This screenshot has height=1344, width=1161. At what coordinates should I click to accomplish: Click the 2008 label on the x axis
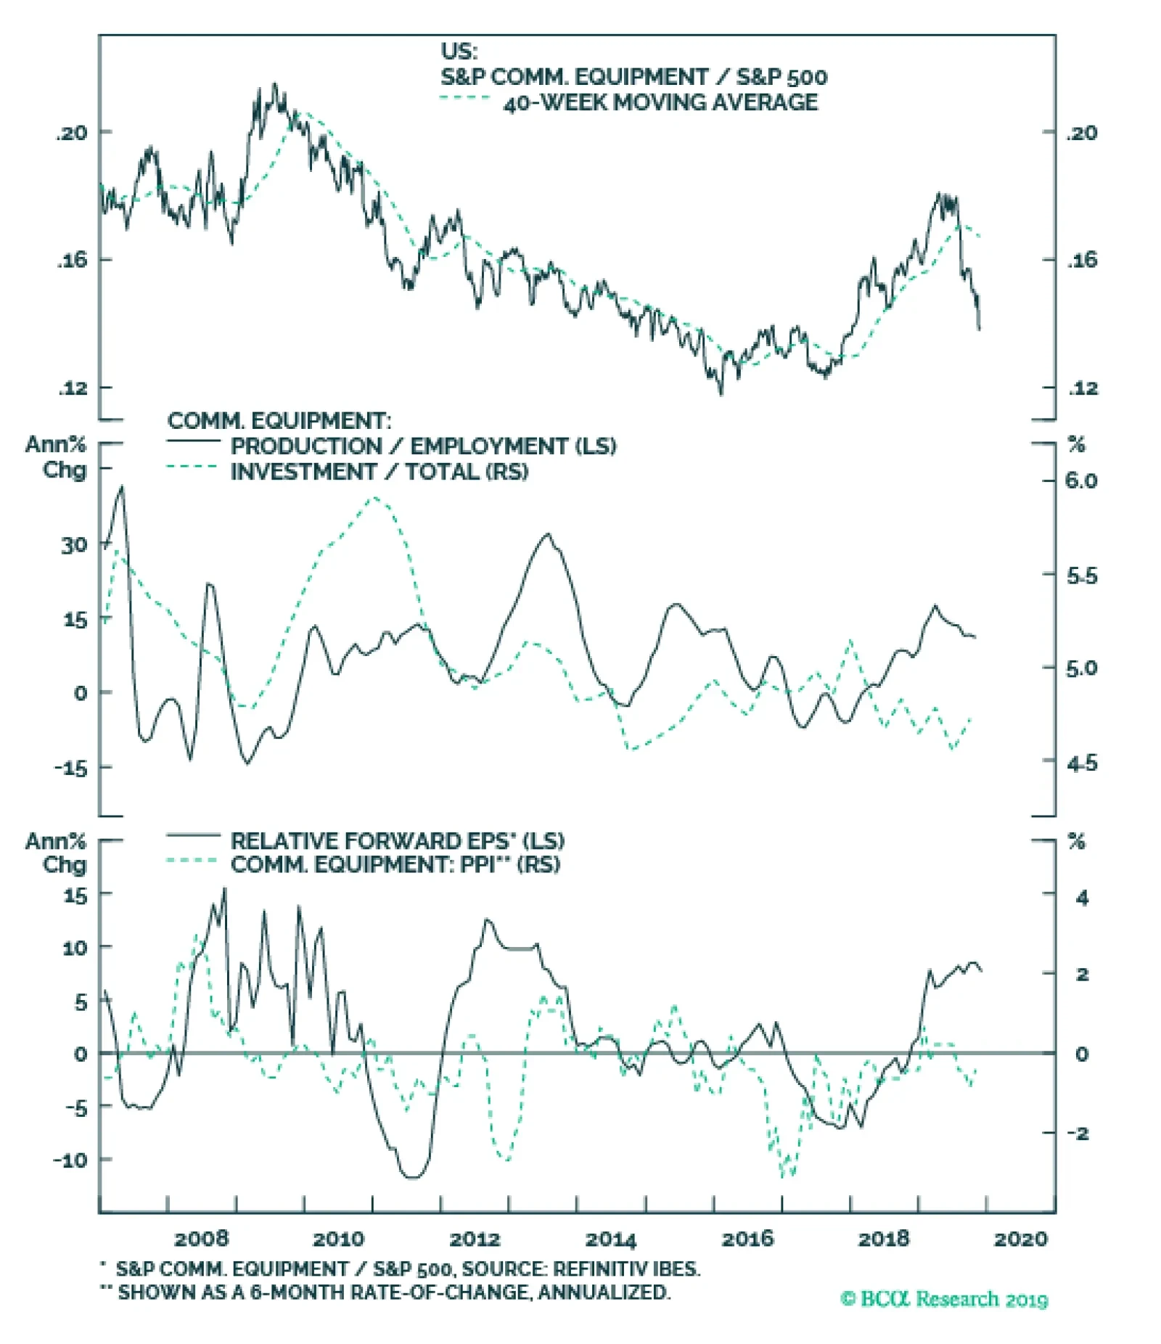(x=201, y=1239)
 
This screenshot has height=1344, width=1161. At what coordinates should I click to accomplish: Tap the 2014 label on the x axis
(x=611, y=1239)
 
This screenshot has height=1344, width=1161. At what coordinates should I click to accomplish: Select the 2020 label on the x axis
(x=1021, y=1239)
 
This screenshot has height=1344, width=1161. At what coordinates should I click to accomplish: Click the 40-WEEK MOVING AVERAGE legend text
(x=660, y=102)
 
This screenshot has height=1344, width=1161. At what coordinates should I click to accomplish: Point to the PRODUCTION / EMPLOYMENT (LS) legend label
(x=423, y=446)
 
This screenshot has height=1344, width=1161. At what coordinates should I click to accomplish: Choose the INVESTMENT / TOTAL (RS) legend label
(x=380, y=472)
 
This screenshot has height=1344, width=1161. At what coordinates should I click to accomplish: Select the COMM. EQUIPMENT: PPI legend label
(x=395, y=865)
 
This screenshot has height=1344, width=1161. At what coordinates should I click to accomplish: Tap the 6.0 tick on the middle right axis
(x=1081, y=480)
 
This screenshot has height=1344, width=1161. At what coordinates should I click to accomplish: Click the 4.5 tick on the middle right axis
(x=1081, y=763)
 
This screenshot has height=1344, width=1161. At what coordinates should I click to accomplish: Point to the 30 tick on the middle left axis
(x=74, y=545)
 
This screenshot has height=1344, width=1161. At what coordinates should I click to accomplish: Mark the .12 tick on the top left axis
(x=73, y=388)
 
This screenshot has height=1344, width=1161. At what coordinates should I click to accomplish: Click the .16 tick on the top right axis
(x=1082, y=261)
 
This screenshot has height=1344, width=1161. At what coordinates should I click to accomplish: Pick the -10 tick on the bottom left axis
(x=70, y=1160)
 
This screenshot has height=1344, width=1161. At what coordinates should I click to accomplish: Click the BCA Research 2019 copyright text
(x=944, y=1298)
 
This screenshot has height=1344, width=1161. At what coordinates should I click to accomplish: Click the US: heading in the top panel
(x=459, y=52)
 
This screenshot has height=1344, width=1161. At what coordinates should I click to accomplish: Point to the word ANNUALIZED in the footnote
(x=603, y=1292)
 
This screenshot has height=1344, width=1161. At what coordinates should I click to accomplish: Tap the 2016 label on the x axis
(x=747, y=1239)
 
